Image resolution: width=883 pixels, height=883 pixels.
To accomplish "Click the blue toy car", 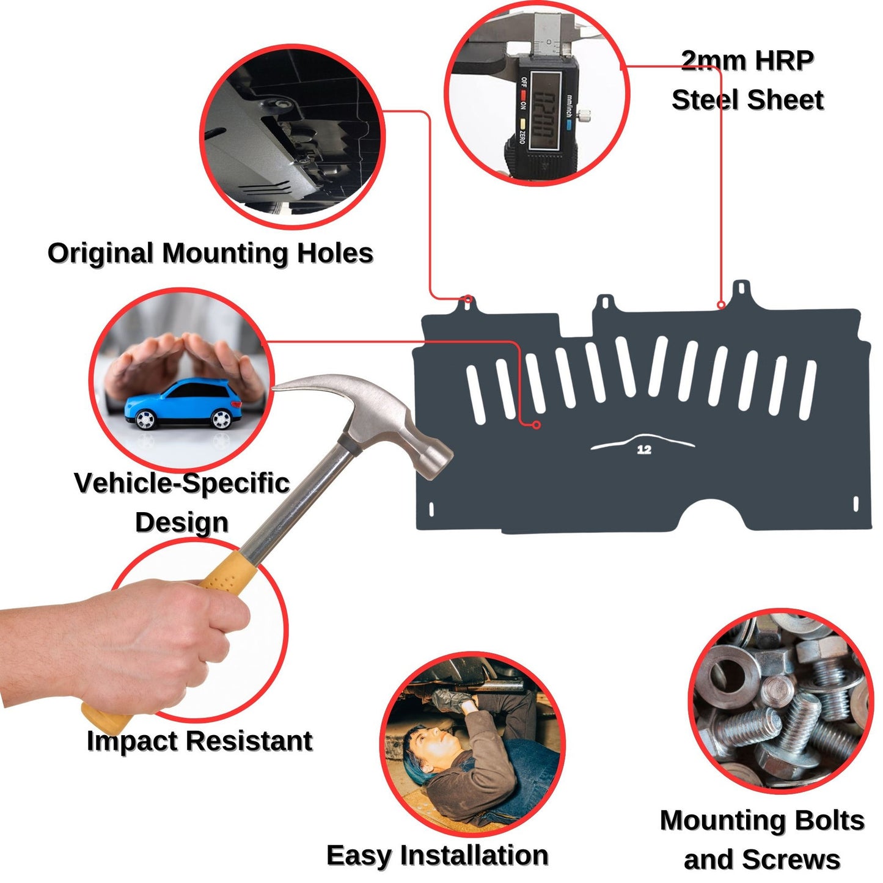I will [181, 405].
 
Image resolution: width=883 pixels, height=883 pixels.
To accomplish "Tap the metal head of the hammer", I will [391, 422].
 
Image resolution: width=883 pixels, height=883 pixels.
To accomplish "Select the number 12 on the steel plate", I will [644, 450].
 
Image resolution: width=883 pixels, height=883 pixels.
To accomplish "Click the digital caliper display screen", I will [544, 109].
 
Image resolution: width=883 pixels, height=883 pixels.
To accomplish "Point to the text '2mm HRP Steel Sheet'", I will [747, 80].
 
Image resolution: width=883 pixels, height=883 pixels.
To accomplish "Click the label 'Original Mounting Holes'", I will [210, 253].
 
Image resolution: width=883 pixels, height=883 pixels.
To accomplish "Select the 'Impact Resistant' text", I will [199, 741].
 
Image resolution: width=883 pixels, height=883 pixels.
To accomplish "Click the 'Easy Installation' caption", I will [437, 855].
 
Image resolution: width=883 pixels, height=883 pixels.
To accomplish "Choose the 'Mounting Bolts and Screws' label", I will [762, 840].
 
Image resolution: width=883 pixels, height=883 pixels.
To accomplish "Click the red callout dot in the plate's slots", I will [537, 425].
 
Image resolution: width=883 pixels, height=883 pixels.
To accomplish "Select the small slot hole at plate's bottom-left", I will [431, 508].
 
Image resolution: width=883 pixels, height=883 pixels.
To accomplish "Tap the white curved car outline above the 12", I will [642, 440].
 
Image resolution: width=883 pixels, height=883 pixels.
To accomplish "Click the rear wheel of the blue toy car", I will [145, 419].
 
